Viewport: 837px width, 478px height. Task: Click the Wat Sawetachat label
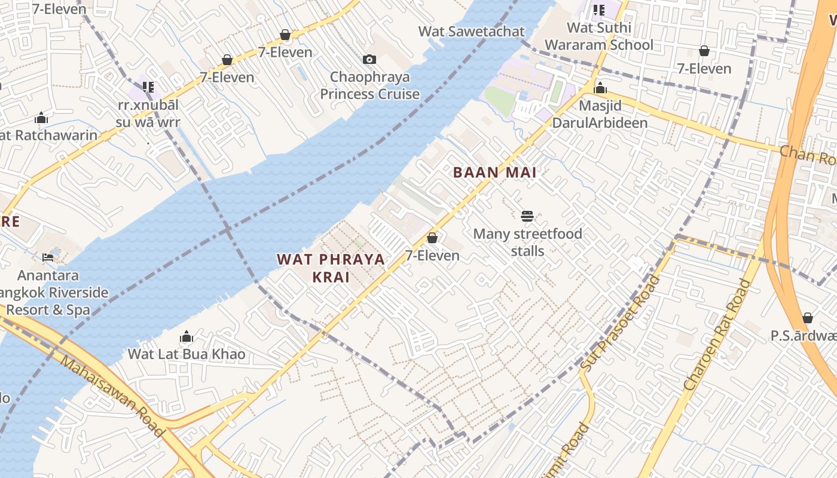[x=471, y=32]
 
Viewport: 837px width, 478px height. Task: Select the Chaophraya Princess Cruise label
[x=369, y=85]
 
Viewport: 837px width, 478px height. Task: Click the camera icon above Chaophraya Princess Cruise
[x=369, y=59]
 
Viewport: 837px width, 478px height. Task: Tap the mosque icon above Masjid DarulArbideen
[x=600, y=89]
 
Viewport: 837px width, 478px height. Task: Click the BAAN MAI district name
[x=494, y=173]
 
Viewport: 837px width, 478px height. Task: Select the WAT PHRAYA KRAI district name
[x=331, y=268]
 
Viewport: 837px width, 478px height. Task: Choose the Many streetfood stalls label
[x=527, y=242]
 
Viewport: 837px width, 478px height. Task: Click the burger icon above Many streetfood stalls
[x=527, y=216]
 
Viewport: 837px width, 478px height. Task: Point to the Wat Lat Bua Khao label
[x=187, y=354]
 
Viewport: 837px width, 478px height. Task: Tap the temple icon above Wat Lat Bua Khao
[x=187, y=337]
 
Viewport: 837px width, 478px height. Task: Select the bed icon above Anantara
[x=48, y=258]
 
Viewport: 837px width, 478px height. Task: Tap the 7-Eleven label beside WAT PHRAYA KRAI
[x=432, y=256]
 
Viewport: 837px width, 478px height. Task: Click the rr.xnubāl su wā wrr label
[x=148, y=114]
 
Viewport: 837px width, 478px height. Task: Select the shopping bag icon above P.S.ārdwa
[x=808, y=318]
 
